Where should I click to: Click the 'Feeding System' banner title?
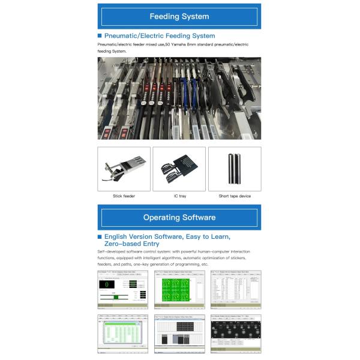point(179,16)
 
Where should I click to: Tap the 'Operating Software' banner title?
point(179,217)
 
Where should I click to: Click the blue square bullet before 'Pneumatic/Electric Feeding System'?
point(100,36)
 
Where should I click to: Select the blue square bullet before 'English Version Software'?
point(100,237)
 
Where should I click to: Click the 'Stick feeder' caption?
point(124,196)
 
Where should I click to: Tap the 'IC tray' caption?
point(179,196)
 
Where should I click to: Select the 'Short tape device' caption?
point(235,196)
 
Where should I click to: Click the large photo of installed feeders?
point(179,99)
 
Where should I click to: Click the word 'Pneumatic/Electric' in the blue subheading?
point(130,36)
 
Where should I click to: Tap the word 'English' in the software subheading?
point(116,237)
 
